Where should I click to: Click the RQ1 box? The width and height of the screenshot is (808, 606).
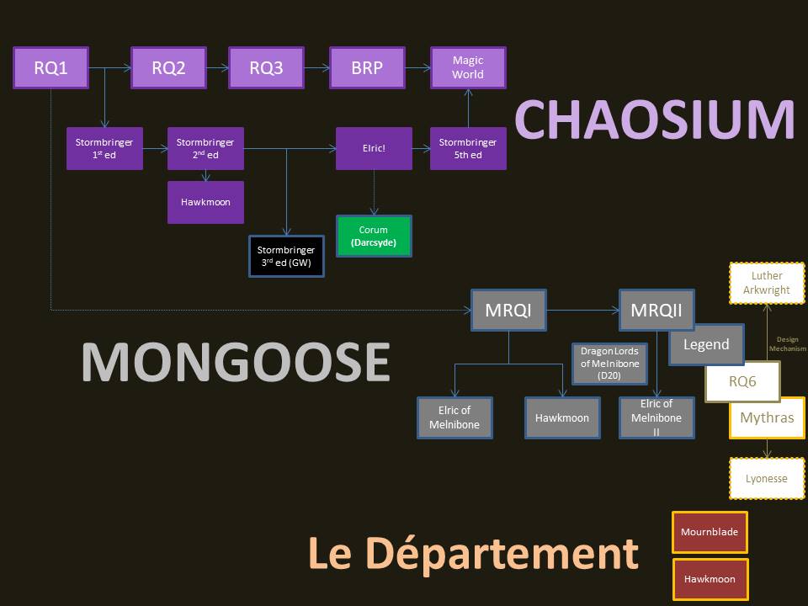pyautogui.click(x=50, y=68)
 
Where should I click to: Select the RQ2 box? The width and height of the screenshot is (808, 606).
pyautogui.click(x=168, y=68)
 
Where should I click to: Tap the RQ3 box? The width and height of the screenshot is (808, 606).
pyautogui.click(x=266, y=68)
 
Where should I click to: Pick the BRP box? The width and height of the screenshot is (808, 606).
pyautogui.click(x=366, y=68)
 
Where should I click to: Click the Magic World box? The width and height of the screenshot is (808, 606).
pyautogui.click(x=468, y=68)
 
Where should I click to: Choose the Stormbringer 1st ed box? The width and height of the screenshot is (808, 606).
pyautogui.click(x=104, y=149)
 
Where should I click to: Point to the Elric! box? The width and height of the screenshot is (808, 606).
pyautogui.click(x=374, y=149)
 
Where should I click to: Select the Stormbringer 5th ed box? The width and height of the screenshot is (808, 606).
pyautogui.click(x=468, y=149)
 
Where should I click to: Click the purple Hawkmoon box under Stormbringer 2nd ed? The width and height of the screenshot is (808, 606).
pyautogui.click(x=205, y=202)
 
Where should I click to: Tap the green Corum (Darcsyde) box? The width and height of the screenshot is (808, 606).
pyautogui.click(x=374, y=237)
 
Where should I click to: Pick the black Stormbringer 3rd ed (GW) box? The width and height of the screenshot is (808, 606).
pyautogui.click(x=286, y=256)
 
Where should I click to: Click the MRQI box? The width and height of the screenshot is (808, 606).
pyautogui.click(x=508, y=311)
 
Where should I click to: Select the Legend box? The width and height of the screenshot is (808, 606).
pyautogui.click(x=706, y=344)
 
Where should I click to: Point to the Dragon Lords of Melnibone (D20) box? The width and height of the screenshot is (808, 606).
pyautogui.click(x=609, y=364)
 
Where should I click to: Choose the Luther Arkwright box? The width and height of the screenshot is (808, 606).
pyautogui.click(x=767, y=283)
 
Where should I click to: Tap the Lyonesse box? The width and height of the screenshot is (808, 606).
pyautogui.click(x=767, y=479)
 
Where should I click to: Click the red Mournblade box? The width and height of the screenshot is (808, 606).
pyautogui.click(x=710, y=532)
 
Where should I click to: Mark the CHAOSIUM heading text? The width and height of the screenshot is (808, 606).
pyautogui.click(x=655, y=120)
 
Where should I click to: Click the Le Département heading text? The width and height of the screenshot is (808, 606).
pyautogui.click(x=473, y=553)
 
